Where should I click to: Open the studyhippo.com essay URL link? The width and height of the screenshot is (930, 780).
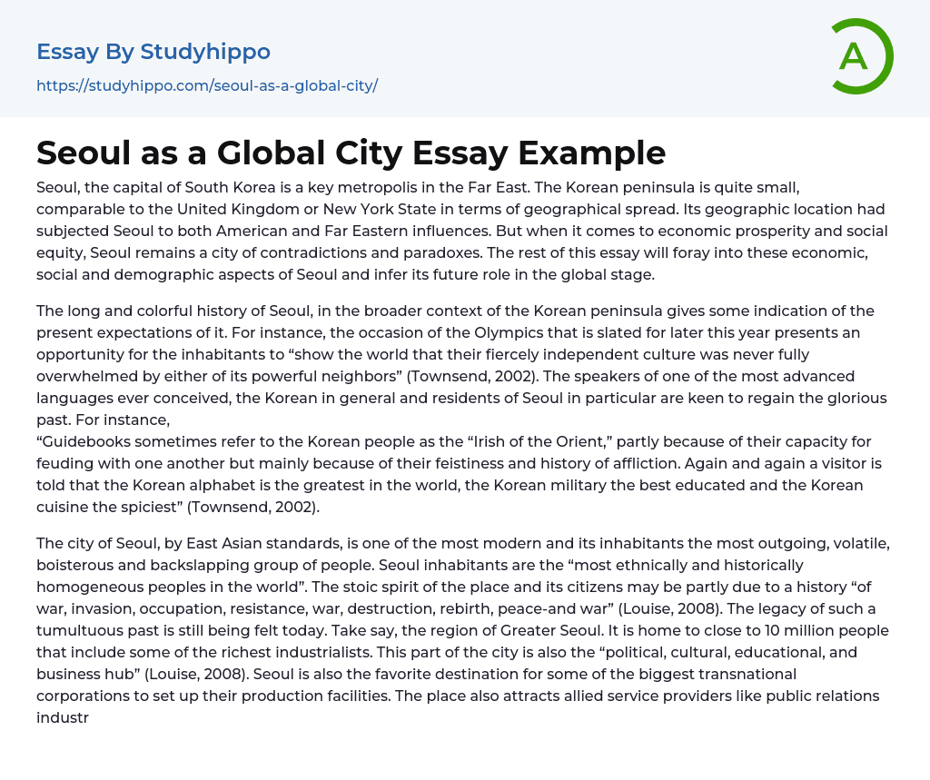click(207, 85)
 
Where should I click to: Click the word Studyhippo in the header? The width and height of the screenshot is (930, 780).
click(205, 52)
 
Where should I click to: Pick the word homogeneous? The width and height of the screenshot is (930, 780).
click(101, 587)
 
